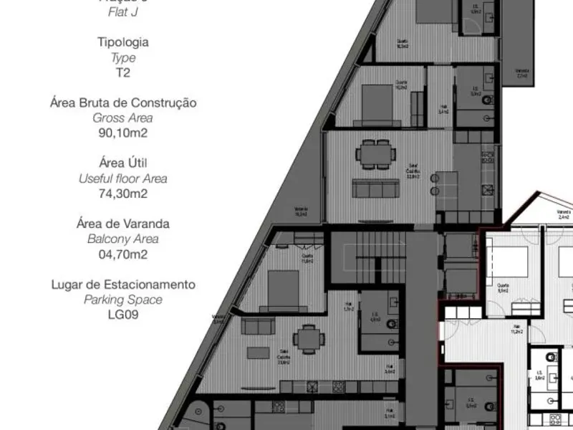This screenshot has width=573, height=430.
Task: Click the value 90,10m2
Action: (x=123, y=133)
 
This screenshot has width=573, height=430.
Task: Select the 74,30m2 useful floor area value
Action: (x=123, y=193)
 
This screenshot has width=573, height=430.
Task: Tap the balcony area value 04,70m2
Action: (x=123, y=254)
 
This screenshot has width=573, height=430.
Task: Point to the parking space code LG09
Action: (x=123, y=314)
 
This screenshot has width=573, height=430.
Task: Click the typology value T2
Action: (x=123, y=72)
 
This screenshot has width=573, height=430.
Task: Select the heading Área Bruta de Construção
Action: (x=123, y=102)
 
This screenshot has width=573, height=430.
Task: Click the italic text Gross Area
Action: (x=123, y=118)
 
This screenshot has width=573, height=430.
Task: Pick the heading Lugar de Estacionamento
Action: (x=123, y=285)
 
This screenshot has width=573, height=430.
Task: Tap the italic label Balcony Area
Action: (x=123, y=239)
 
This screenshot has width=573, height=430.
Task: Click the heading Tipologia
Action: (x=123, y=42)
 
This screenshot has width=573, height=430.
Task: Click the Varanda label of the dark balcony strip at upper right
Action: (x=522, y=72)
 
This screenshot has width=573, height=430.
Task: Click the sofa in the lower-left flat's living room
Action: (x=258, y=327)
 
